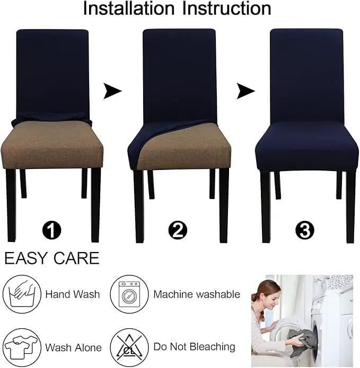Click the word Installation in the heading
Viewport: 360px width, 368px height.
point(129,8)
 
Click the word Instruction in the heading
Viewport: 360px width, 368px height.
point(226,8)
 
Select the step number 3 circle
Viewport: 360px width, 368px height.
point(304,230)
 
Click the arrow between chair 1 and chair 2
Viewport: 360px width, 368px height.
point(112,91)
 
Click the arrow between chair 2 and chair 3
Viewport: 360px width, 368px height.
point(245,91)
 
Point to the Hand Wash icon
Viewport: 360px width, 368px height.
point(22,294)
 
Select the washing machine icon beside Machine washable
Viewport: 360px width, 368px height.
point(129,294)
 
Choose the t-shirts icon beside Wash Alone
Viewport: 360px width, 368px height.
point(22,347)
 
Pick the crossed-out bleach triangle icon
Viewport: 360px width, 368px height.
point(129,347)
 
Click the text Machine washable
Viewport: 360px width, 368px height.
point(197,294)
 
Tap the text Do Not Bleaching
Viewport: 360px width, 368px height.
point(195,347)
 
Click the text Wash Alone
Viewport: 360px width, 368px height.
point(73,347)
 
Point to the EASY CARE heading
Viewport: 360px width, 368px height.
point(52,258)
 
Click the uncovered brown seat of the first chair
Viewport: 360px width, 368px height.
point(52,145)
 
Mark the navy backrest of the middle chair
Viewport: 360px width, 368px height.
point(180,76)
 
